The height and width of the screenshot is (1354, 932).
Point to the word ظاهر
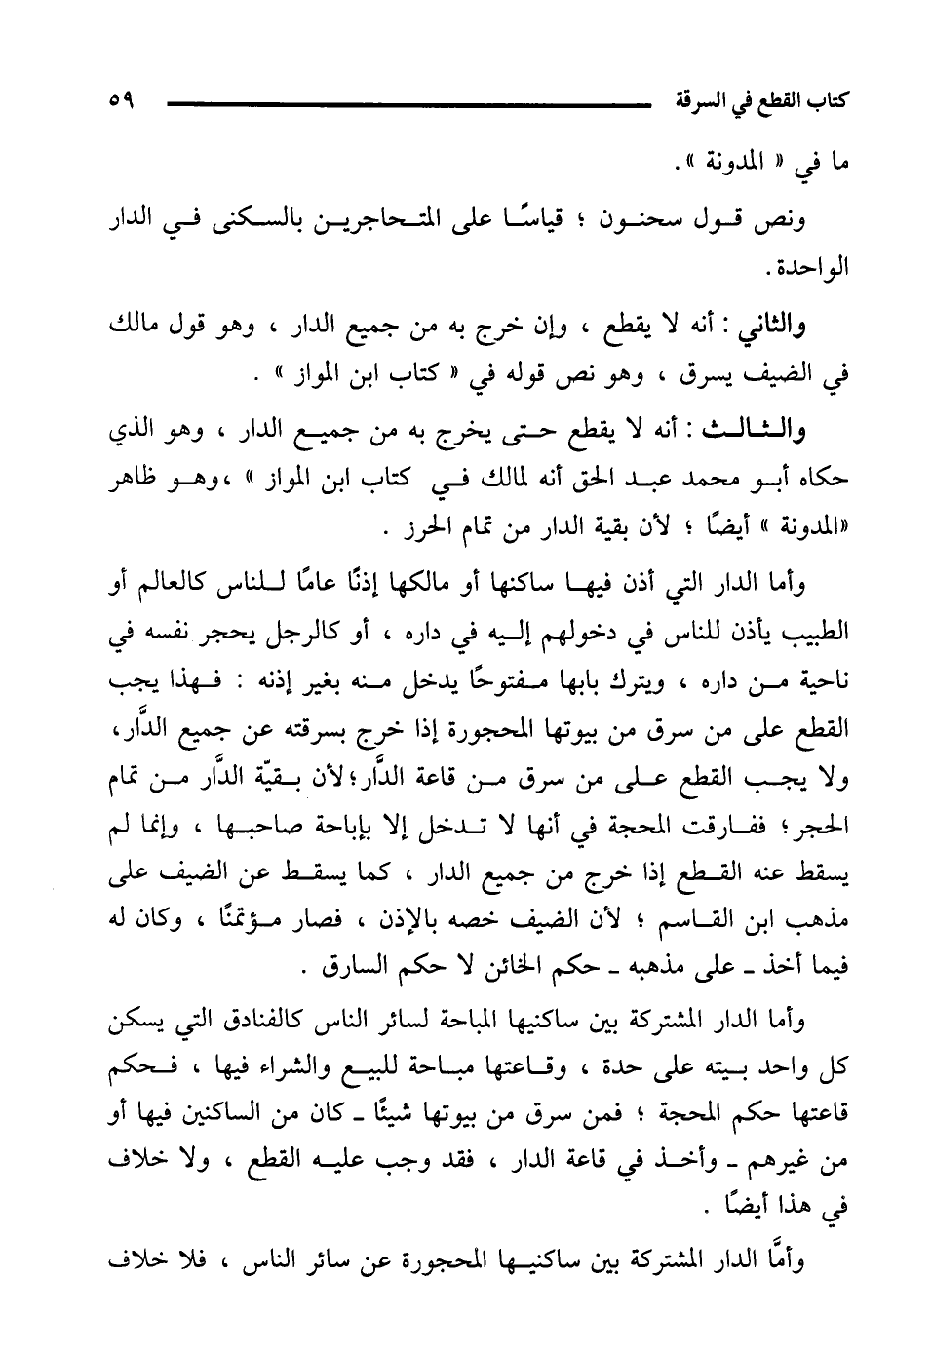click(x=126, y=480)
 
